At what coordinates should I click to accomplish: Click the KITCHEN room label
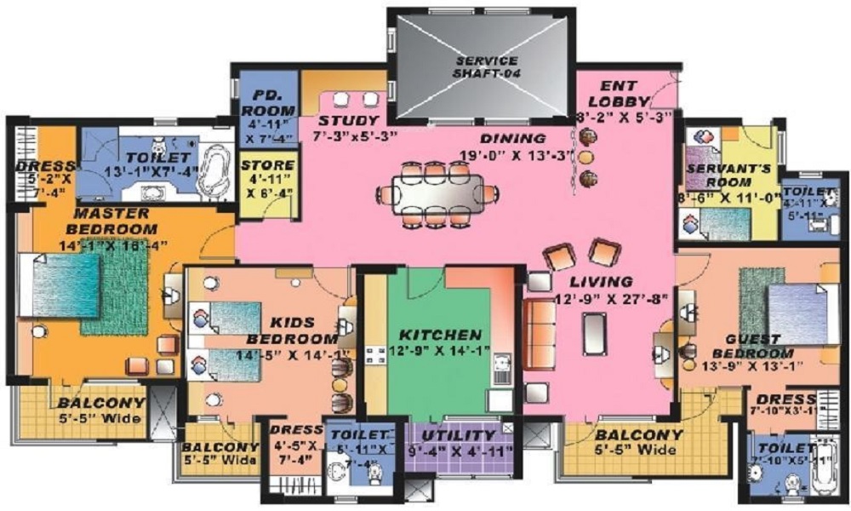[x=440, y=335]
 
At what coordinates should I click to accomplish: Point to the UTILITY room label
[x=465, y=435]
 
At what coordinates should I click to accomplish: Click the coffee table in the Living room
[x=593, y=332]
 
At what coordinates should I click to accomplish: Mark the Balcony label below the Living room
[x=639, y=434]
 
